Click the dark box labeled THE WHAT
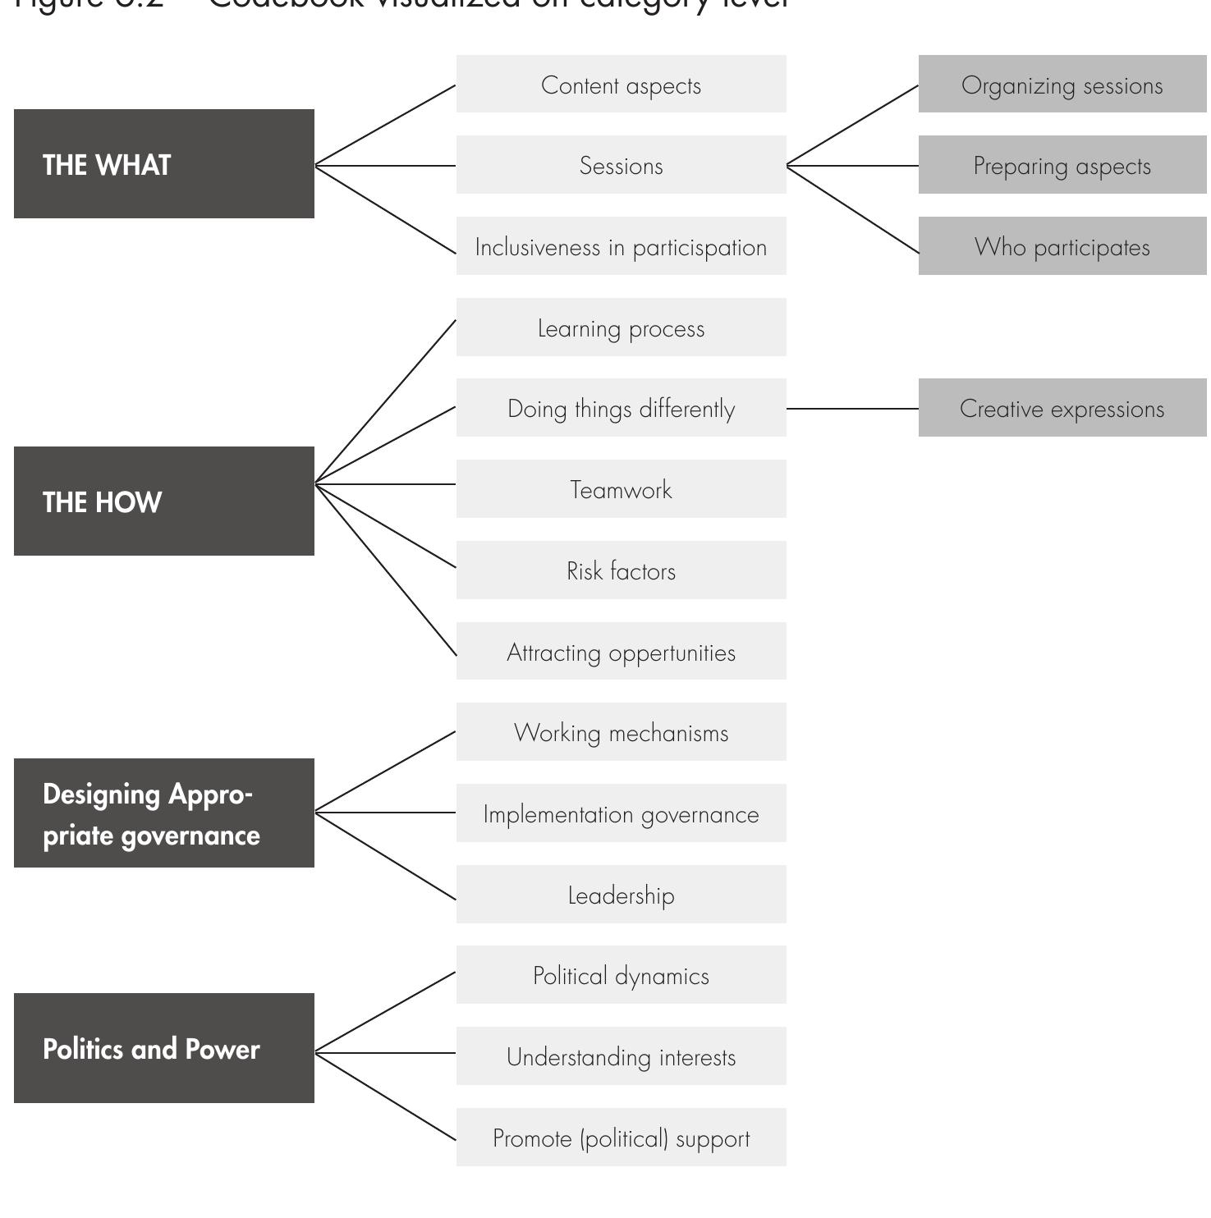coord(163,164)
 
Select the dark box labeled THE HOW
coord(163,501)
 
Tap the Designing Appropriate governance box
coord(163,813)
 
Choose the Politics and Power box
coord(163,1048)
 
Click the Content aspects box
coord(621,85)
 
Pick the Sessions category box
coord(621,165)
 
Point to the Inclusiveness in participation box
coord(621,246)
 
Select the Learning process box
coord(621,327)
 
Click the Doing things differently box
coord(621,408)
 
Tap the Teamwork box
coord(621,489)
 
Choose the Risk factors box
coord(621,570)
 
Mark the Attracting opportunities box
coord(621,651)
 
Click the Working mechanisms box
coord(621,732)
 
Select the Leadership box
coord(621,895)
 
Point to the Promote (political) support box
coord(621,1138)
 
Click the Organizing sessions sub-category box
coord(1062,85)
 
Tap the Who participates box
coord(1062,246)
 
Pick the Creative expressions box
coord(1062,408)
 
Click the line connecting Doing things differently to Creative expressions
coord(852,408)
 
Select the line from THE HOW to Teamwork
coord(386,484)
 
